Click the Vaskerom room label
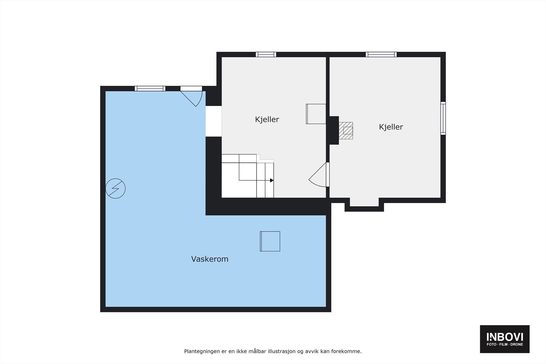(210, 259)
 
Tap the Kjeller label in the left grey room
(267, 119)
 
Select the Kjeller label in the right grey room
(391, 127)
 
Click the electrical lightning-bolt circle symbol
(115, 188)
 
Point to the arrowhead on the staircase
(272, 180)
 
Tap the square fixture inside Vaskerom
(270, 241)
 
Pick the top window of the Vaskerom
(150, 88)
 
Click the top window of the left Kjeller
(266, 54)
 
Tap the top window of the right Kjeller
(381, 54)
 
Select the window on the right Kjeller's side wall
(443, 118)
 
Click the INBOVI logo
(505, 337)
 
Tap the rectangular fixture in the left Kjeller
(316, 114)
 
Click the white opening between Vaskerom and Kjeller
(214, 121)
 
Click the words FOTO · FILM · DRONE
(505, 345)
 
